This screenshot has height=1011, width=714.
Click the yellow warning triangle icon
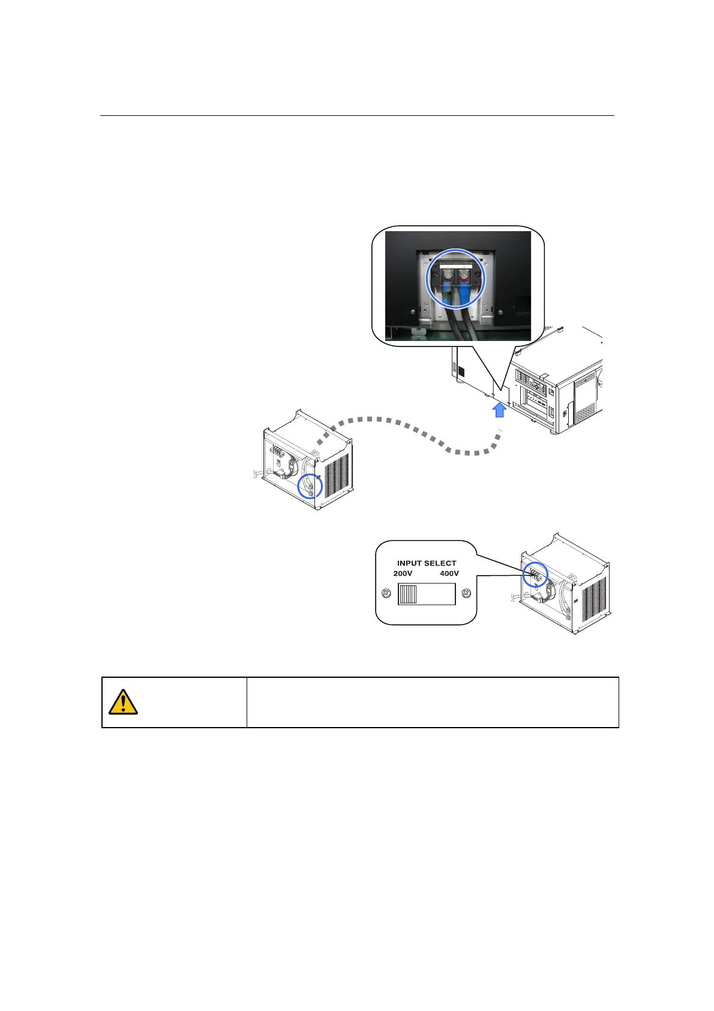[x=123, y=702]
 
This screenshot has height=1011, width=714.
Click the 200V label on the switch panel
[x=403, y=573]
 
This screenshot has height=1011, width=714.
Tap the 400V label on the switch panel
[x=449, y=573]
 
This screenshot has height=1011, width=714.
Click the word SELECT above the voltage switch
[x=441, y=563]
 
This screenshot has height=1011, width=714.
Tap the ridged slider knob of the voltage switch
[x=408, y=594]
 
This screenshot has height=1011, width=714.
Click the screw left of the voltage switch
[x=387, y=594]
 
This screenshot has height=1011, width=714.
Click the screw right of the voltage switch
[x=466, y=594]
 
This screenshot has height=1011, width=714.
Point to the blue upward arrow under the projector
[x=499, y=410]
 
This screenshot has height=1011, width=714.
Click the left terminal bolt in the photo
[x=446, y=277]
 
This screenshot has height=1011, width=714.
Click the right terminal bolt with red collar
[x=463, y=277]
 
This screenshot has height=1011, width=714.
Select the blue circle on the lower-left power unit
[x=310, y=486]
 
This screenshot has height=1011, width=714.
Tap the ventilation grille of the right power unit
[x=594, y=600]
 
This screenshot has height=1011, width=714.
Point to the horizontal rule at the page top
[x=357, y=116]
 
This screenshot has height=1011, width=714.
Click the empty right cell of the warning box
[x=432, y=702]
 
